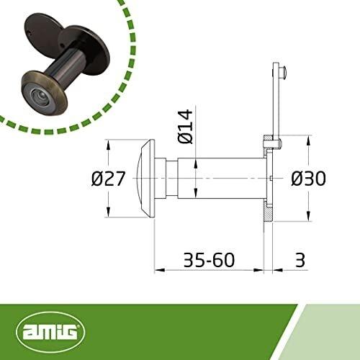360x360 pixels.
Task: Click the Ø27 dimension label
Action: click(x=108, y=179)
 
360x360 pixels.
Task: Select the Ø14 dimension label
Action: click(x=185, y=127)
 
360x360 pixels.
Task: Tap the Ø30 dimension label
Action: click(x=308, y=179)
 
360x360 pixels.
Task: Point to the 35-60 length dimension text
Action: click(x=209, y=260)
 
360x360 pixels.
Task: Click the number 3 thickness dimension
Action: click(x=300, y=260)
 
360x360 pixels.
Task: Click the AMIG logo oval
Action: click(x=50, y=332)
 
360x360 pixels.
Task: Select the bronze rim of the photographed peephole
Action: click(x=45, y=92)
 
